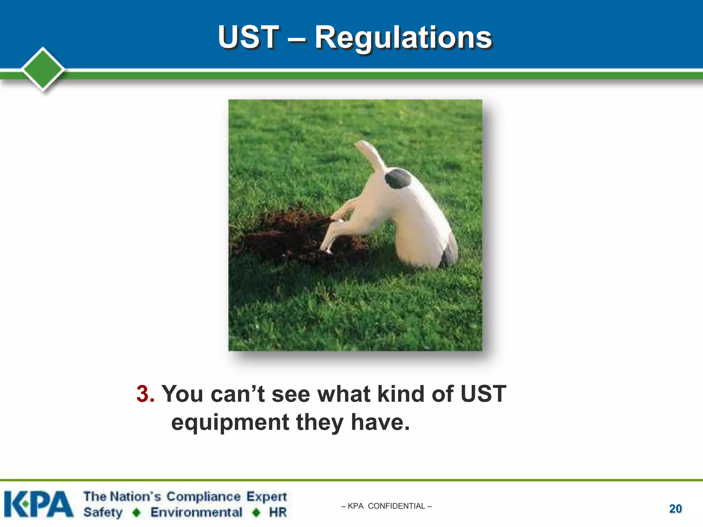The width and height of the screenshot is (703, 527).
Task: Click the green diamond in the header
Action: pyautogui.click(x=43, y=69)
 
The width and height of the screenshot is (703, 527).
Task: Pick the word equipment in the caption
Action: pyautogui.click(x=230, y=423)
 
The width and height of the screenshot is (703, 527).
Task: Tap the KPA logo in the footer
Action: pyautogui.click(x=39, y=504)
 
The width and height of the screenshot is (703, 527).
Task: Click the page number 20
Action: pyautogui.click(x=675, y=508)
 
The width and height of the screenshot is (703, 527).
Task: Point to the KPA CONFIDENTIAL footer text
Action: pyautogui.click(x=387, y=506)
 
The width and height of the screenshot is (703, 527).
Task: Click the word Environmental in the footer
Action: pyautogui.click(x=196, y=512)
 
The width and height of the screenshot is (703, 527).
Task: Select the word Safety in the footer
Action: pyautogui.click(x=103, y=512)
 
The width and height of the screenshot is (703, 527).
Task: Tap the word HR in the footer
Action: pyautogui.click(x=278, y=512)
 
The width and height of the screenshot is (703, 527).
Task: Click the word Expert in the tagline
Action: pyautogui.click(x=266, y=497)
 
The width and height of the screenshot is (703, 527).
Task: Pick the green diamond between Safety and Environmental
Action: pyautogui.click(x=137, y=513)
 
